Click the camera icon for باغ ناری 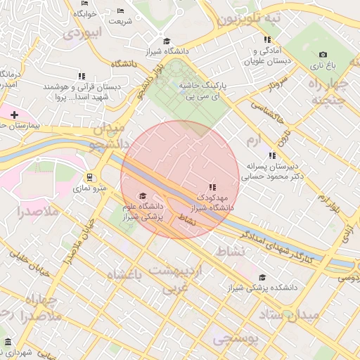(323, 54)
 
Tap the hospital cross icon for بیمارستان (14, 114)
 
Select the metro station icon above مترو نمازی (89, 177)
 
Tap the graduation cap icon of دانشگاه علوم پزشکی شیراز (143, 196)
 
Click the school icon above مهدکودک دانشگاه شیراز (212, 187)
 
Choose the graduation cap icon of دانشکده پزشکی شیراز (262, 277)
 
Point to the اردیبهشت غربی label (182, 280)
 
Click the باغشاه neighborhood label (124, 275)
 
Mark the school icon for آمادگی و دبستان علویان (266, 40)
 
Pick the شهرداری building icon (8, 342)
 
